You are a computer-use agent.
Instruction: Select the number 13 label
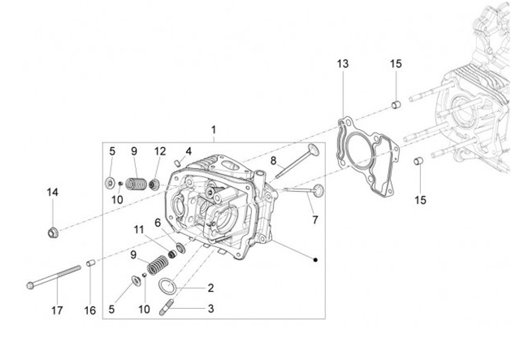(343, 64)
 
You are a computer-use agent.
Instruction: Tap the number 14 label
(53, 192)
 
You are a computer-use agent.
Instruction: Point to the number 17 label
(57, 310)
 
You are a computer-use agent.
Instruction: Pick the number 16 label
(89, 310)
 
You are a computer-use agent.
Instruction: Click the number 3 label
(211, 309)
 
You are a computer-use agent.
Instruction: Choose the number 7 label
(314, 219)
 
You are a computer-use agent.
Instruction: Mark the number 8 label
(273, 161)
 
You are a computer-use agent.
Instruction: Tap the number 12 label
(160, 151)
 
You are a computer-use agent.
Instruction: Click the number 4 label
(188, 151)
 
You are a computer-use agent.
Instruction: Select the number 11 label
(139, 228)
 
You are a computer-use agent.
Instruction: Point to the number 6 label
(158, 222)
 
